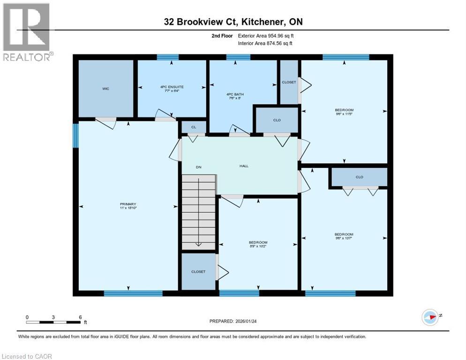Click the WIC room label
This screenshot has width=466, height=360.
106,89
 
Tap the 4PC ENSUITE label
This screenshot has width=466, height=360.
172,87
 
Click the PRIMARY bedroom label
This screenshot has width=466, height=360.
128,204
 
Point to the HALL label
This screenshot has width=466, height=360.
244,166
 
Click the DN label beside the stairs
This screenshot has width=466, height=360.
198,167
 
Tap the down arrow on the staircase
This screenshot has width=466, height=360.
198,242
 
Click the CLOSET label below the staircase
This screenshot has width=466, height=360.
198,271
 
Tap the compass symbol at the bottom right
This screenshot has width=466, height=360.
429,317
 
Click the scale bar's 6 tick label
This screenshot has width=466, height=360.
80,317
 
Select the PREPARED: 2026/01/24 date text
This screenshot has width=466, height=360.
233,321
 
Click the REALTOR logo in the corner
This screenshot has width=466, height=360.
27,32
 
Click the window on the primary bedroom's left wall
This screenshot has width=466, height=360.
75,135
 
